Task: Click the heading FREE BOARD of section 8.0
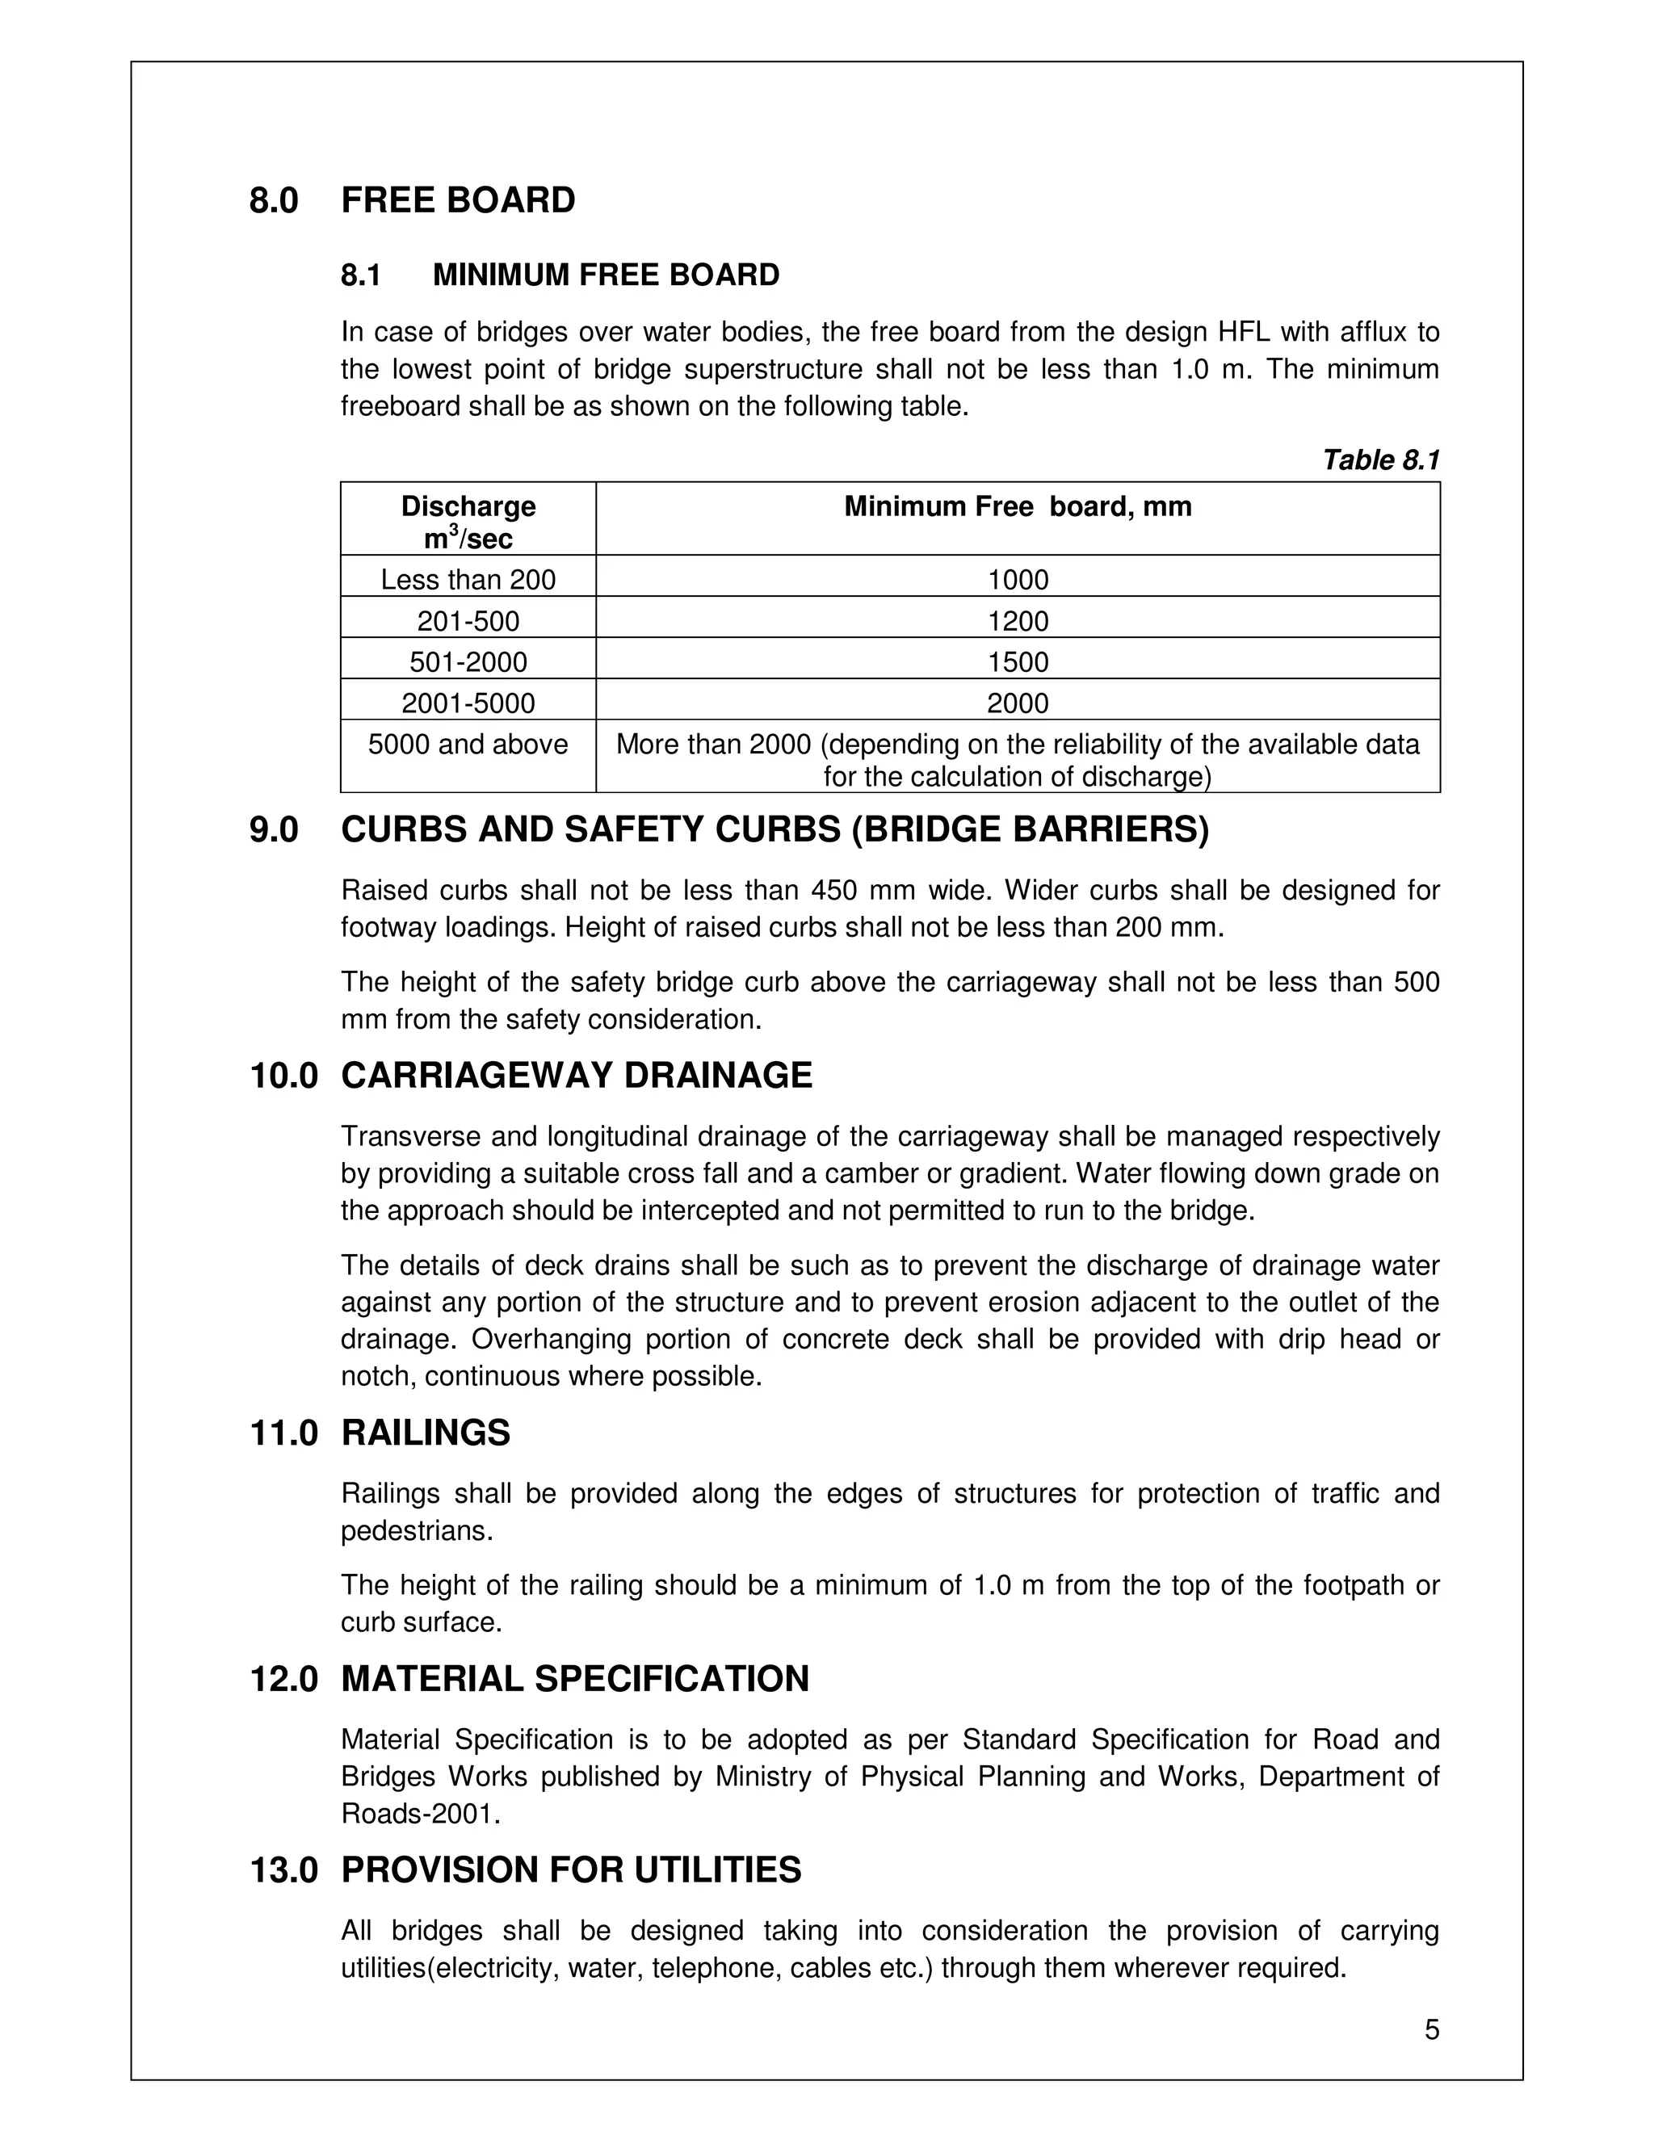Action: (458, 200)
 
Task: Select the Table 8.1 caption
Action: (1379, 459)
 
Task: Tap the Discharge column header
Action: (468, 520)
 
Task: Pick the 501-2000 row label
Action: (468, 662)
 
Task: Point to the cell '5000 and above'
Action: (468, 745)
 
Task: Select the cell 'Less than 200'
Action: (468, 580)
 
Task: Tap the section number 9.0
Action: (274, 830)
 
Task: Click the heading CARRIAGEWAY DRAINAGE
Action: (576, 1076)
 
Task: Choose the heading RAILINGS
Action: (426, 1433)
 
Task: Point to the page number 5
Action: (1432, 2030)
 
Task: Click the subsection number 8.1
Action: (360, 275)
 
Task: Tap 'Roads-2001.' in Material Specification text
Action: (420, 1814)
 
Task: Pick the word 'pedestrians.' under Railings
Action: (417, 1530)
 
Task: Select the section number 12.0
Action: (284, 1680)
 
